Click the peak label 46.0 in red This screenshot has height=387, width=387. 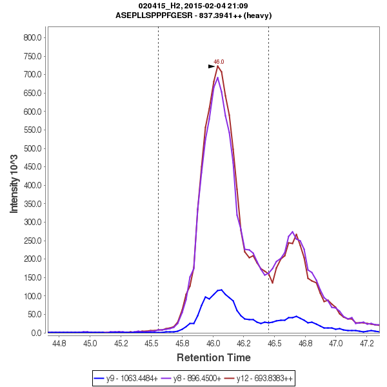(219, 62)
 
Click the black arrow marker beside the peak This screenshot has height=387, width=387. (212, 66)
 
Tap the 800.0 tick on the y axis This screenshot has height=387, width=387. (32, 37)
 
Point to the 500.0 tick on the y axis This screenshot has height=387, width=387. (32, 148)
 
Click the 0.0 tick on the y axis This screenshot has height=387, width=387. (37, 333)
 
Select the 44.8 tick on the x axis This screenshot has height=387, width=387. (59, 344)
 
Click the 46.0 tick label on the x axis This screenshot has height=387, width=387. (213, 344)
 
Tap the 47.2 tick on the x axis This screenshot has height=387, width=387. (366, 344)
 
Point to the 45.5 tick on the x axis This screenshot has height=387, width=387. (152, 344)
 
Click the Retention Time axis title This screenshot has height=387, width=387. (213, 357)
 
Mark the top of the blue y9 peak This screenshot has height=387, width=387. (221, 290)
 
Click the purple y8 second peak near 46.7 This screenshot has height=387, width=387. (292, 232)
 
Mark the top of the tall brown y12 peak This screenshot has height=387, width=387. (218, 66)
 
